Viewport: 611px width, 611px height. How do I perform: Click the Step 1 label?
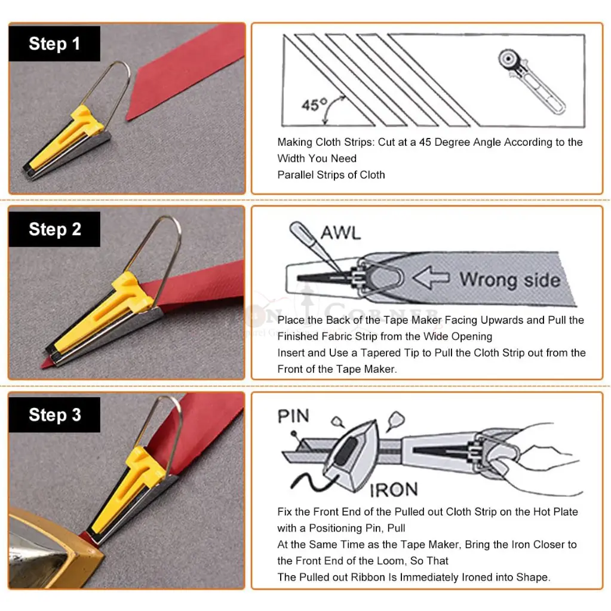pos(54,44)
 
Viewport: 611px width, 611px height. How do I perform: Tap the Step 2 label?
pos(54,229)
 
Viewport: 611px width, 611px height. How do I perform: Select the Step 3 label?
pos(54,415)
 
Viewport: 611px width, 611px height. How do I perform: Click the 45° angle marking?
pos(314,105)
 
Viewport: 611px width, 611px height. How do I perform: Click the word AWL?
pos(340,234)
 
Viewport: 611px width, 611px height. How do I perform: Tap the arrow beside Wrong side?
pos(431,278)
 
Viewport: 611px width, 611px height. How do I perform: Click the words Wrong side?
pos(509,280)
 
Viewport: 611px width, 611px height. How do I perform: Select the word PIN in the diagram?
pos(293,416)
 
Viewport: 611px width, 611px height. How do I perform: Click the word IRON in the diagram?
pos(394,490)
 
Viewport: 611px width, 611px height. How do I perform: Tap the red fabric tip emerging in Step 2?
pos(47,363)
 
